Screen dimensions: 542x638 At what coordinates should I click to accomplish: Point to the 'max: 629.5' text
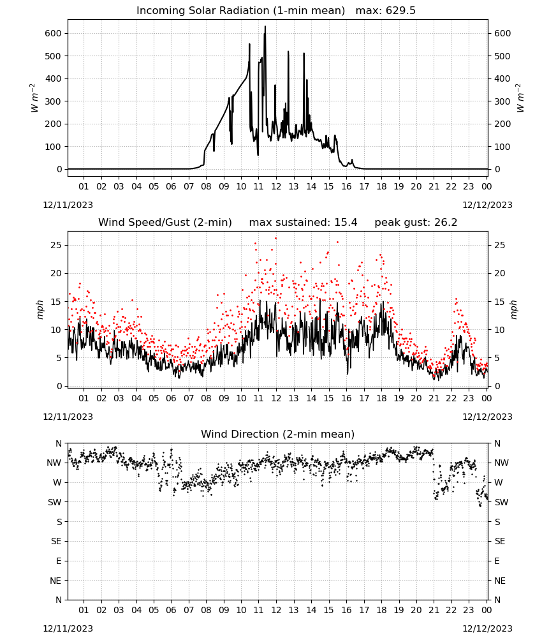[386, 11]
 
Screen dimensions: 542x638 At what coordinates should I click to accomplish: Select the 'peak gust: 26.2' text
[416, 223]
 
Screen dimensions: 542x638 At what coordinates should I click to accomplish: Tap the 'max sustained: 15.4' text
[303, 223]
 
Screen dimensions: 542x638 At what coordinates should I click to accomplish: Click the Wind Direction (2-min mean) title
[278, 434]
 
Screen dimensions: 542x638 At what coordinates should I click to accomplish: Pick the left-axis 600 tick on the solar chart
[54, 33]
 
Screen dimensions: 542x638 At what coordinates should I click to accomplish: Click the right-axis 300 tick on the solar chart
[502, 101]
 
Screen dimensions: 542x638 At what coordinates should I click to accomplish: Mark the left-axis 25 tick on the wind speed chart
[56, 245]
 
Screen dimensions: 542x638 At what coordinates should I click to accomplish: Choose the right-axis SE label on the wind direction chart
[500, 541]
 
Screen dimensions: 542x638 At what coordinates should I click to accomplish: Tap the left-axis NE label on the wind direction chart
[55, 581]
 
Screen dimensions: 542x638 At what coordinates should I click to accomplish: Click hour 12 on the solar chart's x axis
[276, 186]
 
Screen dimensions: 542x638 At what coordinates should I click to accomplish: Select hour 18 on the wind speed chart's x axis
[381, 398]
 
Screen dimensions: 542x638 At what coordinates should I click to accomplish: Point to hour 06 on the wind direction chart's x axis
[171, 610]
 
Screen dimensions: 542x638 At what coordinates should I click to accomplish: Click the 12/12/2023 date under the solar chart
[487, 205]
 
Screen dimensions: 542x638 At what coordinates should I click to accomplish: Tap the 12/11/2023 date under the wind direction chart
[68, 628]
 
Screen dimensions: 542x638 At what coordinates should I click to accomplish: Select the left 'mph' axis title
[40, 309]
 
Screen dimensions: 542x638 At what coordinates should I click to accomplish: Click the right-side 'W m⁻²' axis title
[520, 98]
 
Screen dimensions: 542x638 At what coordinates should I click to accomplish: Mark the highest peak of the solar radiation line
[265, 26]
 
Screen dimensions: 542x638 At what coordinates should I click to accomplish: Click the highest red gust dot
[275, 239]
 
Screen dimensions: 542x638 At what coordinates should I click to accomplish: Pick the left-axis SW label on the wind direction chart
[55, 502]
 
